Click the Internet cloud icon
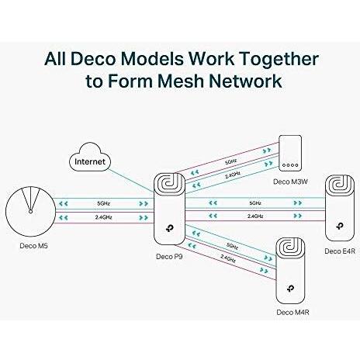[90, 157]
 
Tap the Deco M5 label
[33, 245]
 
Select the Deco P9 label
[169, 256]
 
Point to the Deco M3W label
[290, 182]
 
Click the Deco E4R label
[340, 251]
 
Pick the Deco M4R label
[292, 312]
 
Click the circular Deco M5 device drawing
[30, 212]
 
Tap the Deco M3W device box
[290, 153]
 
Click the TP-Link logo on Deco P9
[170, 228]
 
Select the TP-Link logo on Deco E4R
[340, 226]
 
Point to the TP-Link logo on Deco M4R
[290, 288]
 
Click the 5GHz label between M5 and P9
[103, 203]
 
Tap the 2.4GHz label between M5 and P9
[103, 217]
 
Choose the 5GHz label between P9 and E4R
[255, 203]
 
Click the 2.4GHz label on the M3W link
[233, 175]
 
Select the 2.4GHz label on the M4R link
[228, 258]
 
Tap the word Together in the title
[279, 58]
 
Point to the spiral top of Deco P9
[170, 183]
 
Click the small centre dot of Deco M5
[30, 212]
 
